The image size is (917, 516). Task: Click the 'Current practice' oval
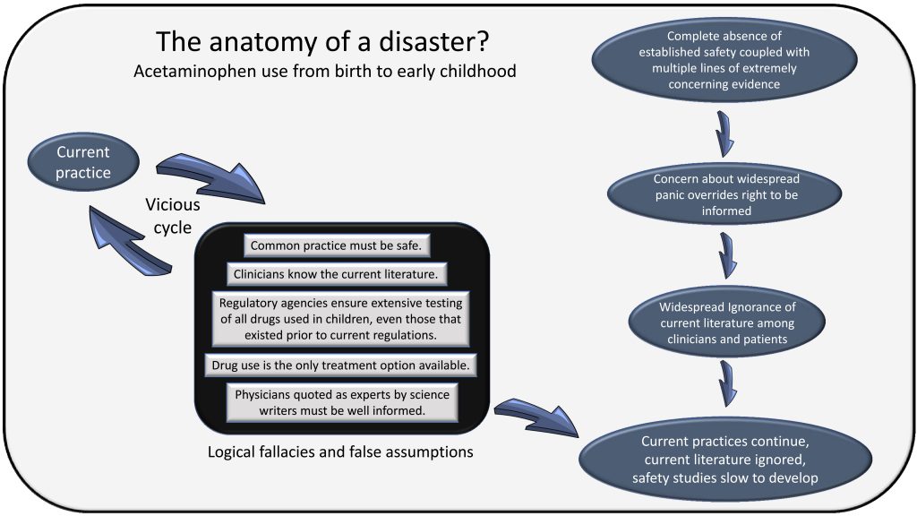coord(83,161)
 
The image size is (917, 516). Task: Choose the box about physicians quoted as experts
coord(341,402)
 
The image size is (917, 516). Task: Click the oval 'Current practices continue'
coord(724,460)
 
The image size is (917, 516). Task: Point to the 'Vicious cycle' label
coord(172,216)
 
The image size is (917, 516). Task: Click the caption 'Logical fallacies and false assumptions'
coord(341,451)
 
